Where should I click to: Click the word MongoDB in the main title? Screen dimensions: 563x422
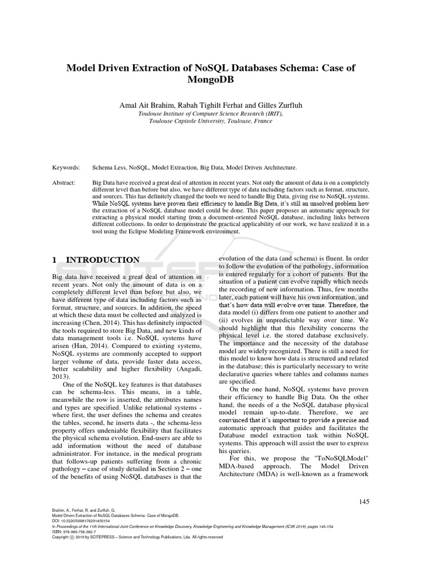[211, 81]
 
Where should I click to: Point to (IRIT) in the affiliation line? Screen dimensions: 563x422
[273, 114]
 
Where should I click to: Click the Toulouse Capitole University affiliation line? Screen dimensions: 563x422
[210, 121]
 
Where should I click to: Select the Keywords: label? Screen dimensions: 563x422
[66, 167]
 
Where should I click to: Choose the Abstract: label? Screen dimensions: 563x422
[65, 181]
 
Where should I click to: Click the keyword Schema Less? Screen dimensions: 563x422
[109, 167]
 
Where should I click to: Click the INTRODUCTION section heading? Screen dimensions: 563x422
[103, 260]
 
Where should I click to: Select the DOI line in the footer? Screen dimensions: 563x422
[81, 520]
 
